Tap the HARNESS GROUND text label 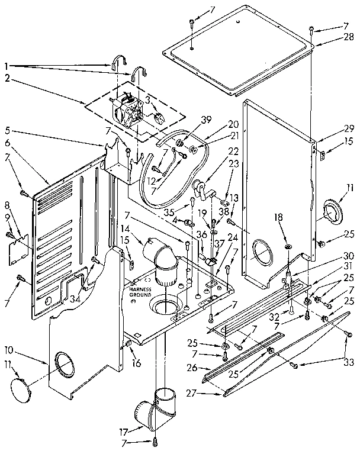[140, 291]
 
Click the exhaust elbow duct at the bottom [153, 408]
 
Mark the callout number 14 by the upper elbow [125, 228]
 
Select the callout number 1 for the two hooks [6, 65]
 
